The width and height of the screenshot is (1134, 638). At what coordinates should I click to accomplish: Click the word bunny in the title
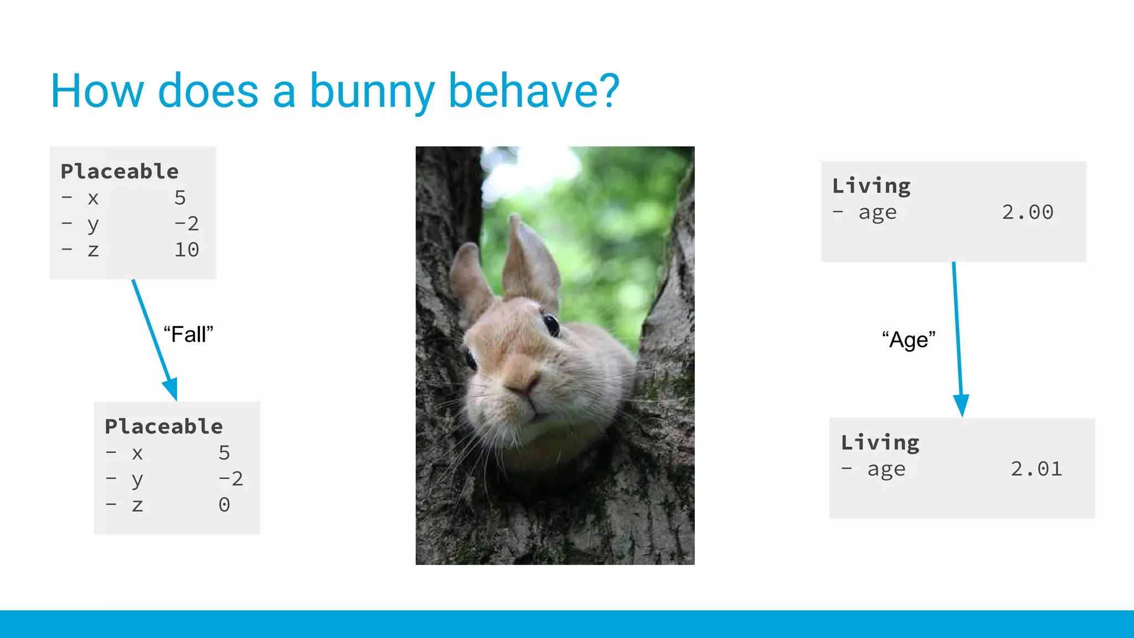pos(372,91)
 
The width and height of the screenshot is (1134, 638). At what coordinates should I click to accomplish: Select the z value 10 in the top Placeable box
pos(187,250)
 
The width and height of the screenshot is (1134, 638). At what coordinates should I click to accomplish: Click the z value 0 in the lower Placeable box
pos(224,505)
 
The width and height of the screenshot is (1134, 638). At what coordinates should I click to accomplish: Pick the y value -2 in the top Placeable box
pos(187,224)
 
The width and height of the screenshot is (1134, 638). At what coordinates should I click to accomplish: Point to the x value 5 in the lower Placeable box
pos(224,453)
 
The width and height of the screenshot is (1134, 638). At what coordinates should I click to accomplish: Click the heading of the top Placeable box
pos(120,171)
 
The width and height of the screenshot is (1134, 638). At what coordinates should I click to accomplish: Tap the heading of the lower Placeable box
pos(164,426)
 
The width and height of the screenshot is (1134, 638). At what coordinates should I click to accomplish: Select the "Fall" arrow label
pos(188,335)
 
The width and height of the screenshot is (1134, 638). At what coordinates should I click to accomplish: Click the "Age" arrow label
pos(909,339)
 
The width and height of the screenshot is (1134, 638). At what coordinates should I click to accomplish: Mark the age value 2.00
pos(1027,212)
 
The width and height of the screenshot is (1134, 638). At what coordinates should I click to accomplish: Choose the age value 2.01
pos(1036,469)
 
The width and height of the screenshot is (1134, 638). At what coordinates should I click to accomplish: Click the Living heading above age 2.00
pos(871,186)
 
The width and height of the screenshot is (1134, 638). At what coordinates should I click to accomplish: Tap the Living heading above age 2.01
pos(880,443)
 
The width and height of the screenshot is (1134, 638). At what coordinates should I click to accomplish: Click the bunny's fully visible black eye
pos(551,325)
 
